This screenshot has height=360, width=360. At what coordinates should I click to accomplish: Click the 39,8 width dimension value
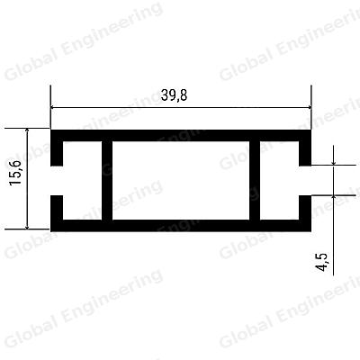coord(174,95)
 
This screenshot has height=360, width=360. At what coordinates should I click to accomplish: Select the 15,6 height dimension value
coord(15,173)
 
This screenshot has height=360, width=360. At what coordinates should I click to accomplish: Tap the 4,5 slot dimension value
coord(322,262)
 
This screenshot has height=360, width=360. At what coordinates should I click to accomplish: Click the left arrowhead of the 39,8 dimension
coord(54,107)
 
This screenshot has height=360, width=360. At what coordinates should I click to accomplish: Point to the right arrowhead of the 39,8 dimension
coord(308,107)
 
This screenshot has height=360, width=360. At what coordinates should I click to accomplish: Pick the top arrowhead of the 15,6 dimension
coord(27,131)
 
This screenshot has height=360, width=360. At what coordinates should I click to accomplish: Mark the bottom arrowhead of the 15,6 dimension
coord(27,226)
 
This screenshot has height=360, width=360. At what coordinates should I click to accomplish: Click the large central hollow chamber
coord(181,180)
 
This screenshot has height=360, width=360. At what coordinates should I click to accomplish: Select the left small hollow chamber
coord(82,180)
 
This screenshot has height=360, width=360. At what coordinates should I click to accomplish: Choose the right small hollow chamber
coord(279,180)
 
